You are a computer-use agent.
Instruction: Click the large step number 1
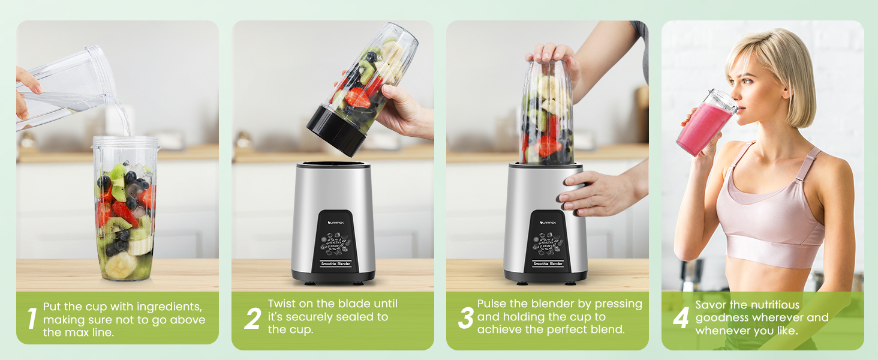32,319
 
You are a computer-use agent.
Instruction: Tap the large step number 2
252,319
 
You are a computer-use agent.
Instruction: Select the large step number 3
466,318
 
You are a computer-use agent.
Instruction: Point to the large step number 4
681,318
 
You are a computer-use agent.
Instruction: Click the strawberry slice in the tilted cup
358,98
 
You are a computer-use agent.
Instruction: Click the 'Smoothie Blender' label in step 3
548,264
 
